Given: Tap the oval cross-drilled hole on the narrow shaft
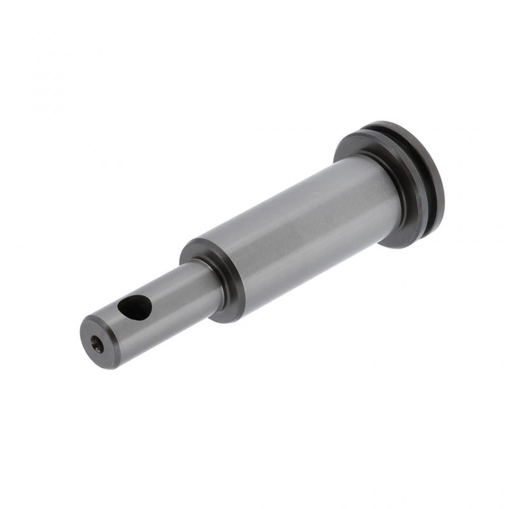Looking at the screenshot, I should coord(135,308).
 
